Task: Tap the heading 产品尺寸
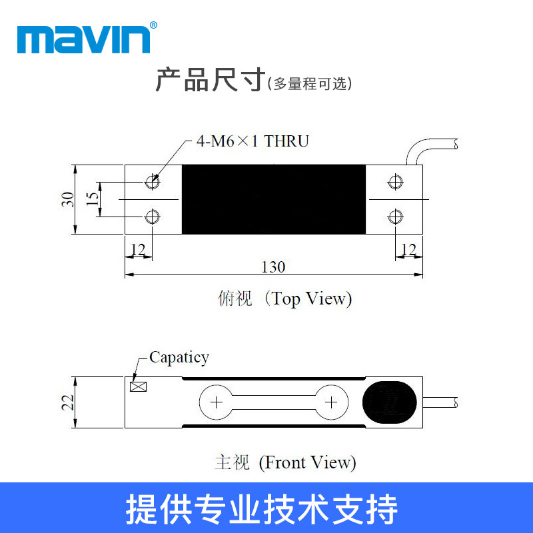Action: click(x=211, y=81)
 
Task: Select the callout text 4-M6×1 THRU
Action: click(x=253, y=141)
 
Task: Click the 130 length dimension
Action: click(x=273, y=267)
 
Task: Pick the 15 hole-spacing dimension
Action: click(x=94, y=199)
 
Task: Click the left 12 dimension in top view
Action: click(x=138, y=250)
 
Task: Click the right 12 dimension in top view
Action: click(x=408, y=250)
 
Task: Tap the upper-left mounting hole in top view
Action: click(x=153, y=181)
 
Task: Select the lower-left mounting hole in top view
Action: click(x=153, y=216)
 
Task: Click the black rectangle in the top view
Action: click(x=274, y=199)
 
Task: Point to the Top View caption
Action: click(x=284, y=299)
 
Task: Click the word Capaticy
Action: click(x=179, y=357)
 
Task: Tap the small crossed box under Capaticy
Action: click(x=139, y=386)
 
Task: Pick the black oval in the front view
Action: click(x=390, y=402)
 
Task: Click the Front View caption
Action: click(x=285, y=462)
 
